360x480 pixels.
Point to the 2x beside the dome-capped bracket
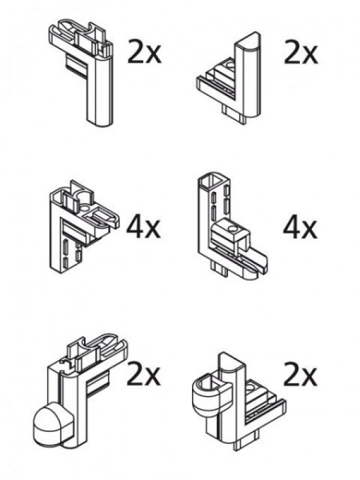143,374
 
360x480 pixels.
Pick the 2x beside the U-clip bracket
301,374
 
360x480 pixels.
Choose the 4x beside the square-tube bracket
301,227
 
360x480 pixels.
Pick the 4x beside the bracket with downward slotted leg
143,227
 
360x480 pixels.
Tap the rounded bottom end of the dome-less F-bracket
100,122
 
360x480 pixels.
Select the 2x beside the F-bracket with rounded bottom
144,52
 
